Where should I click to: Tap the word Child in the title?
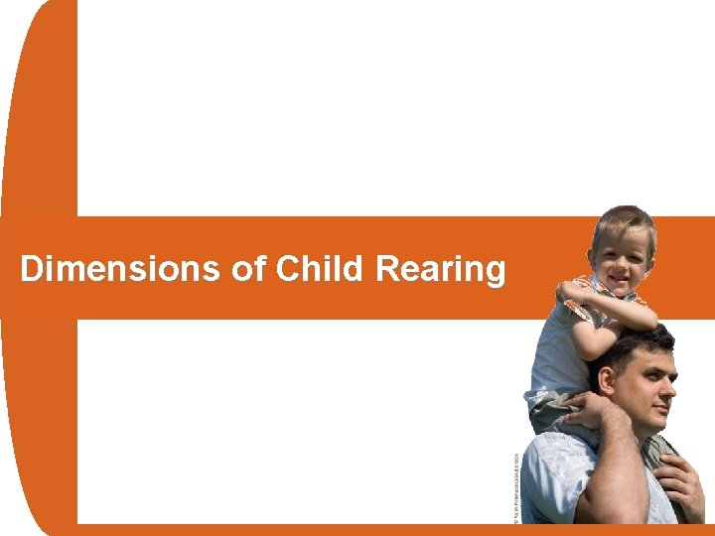coord(314,269)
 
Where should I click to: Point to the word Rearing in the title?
coord(441,269)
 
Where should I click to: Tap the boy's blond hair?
coord(623,219)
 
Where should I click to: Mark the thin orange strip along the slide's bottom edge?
coord(298,529)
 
